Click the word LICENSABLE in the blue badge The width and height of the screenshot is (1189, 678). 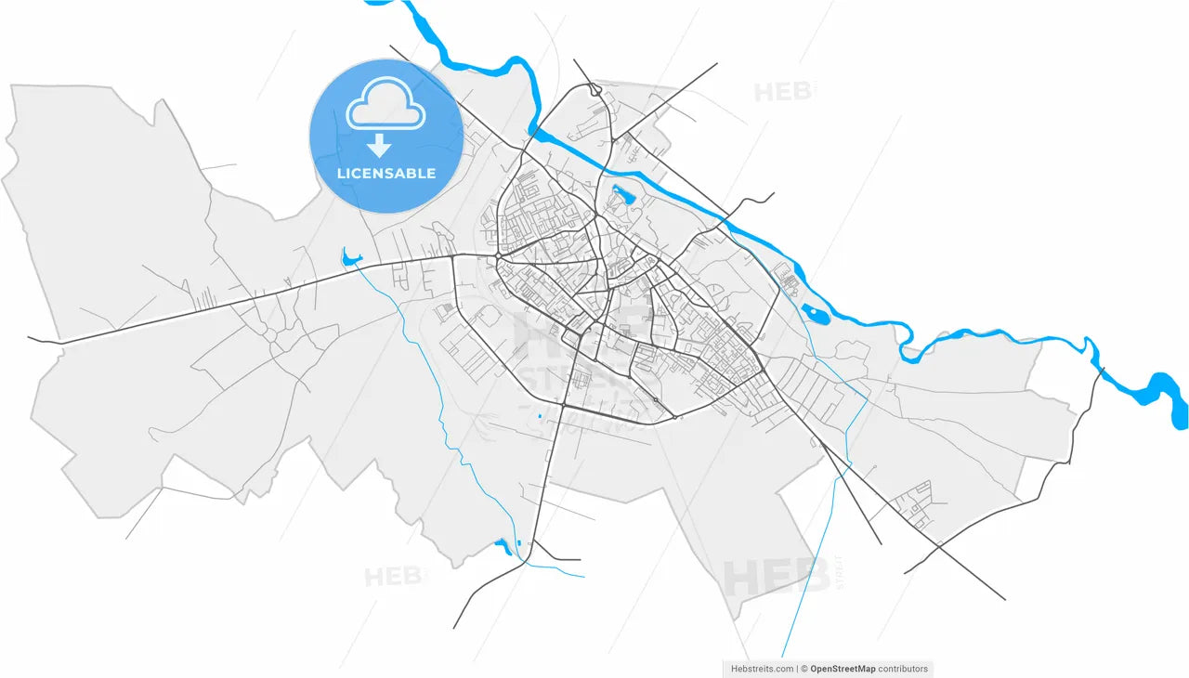pyautogui.click(x=385, y=174)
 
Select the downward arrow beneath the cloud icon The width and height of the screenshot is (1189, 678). pyautogui.click(x=378, y=145)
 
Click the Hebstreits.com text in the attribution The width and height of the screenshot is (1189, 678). pyautogui.click(x=762, y=668)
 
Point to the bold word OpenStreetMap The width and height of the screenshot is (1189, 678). pyautogui.click(x=843, y=668)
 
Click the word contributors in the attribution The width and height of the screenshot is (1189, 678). pyautogui.click(x=902, y=668)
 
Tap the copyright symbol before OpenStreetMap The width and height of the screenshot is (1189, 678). pyautogui.click(x=804, y=668)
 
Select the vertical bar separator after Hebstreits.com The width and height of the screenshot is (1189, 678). pyautogui.click(x=797, y=668)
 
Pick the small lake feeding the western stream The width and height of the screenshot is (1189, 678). pyautogui.click(x=349, y=257)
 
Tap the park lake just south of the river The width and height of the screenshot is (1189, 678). pyautogui.click(x=621, y=196)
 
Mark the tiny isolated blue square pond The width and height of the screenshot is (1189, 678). pyautogui.click(x=539, y=415)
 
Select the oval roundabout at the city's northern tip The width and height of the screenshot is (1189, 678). pyautogui.click(x=594, y=90)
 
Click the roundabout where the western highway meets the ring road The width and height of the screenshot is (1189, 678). pyautogui.click(x=499, y=255)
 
